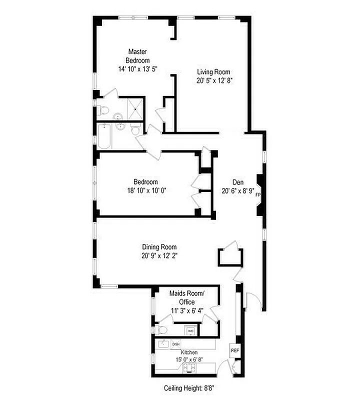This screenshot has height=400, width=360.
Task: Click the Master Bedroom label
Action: (137, 55)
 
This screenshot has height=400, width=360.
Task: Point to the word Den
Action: (238, 182)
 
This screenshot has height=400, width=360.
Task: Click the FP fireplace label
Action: (258, 195)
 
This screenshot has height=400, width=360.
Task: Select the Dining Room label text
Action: (159, 247)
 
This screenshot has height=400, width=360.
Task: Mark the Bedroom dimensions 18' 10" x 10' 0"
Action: (146, 190)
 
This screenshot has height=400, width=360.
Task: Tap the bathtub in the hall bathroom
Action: (105, 136)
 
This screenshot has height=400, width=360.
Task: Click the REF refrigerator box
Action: (234, 350)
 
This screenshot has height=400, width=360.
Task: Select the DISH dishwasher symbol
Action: (176, 344)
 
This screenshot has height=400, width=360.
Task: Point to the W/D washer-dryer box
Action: (190, 331)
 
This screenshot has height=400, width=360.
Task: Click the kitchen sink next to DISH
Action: (163, 344)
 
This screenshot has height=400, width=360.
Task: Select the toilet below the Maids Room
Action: (161, 330)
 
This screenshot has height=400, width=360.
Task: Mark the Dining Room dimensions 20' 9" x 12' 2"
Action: (159, 255)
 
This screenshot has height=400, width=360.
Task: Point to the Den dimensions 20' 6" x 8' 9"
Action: (238, 190)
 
